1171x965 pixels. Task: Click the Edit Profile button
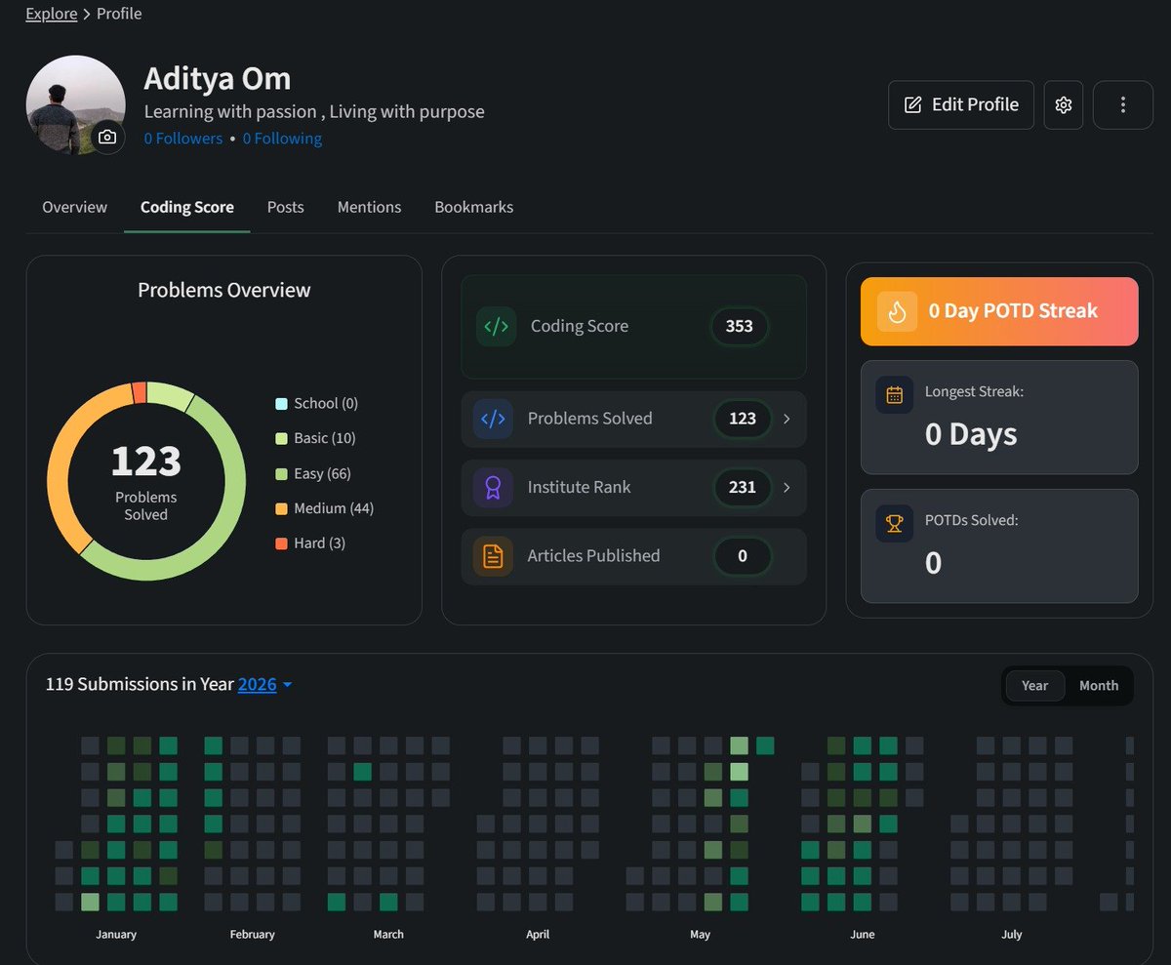pyautogui.click(x=960, y=104)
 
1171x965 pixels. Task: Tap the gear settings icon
pyautogui.click(x=1064, y=104)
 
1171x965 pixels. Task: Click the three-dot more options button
pyautogui.click(x=1123, y=104)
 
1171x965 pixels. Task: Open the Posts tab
pyautogui.click(x=286, y=207)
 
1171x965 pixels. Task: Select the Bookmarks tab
pyautogui.click(x=474, y=207)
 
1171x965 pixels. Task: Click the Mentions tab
pyautogui.click(x=369, y=207)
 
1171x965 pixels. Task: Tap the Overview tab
pyautogui.click(x=74, y=207)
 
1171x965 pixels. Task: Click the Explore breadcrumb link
pyautogui.click(x=52, y=14)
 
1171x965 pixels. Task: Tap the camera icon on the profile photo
pyautogui.click(x=107, y=137)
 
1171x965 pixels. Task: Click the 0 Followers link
pyautogui.click(x=183, y=139)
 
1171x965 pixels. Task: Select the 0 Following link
pyautogui.click(x=282, y=139)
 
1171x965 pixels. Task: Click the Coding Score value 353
pyautogui.click(x=739, y=326)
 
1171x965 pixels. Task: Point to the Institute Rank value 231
pyautogui.click(x=742, y=487)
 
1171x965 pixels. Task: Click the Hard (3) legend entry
pyautogui.click(x=310, y=543)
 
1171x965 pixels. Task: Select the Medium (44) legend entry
pyautogui.click(x=324, y=508)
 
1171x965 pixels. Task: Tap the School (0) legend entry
pyautogui.click(x=316, y=403)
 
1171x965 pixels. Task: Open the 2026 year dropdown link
pyautogui.click(x=264, y=684)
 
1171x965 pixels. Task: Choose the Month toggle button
pyautogui.click(x=1099, y=685)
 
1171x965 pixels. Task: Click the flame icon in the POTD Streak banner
pyautogui.click(x=897, y=312)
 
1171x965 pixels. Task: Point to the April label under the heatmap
pyautogui.click(x=538, y=934)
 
